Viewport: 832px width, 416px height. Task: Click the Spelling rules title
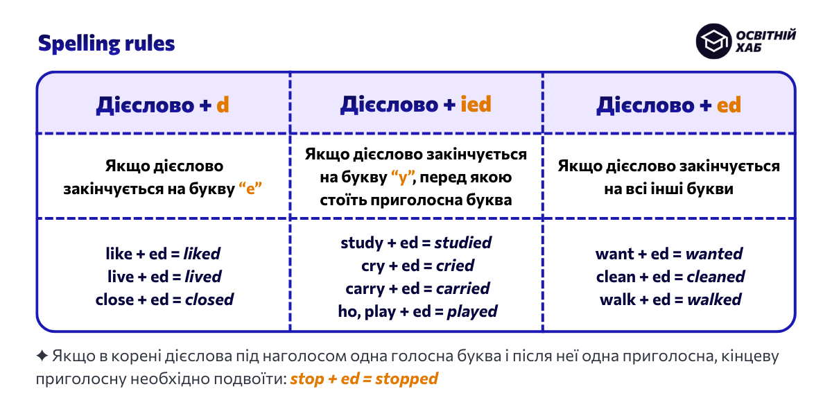coord(106,44)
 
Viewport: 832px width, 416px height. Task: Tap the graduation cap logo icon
coord(713,42)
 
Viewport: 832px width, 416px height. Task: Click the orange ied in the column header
coord(475,104)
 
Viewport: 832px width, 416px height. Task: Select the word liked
coord(202,254)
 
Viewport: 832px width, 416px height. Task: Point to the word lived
coord(203,277)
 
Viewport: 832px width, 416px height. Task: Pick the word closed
coord(209,300)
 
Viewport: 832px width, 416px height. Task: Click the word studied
coord(463,243)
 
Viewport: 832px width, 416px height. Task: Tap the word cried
coord(455,266)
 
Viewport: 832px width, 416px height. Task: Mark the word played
coord(472,311)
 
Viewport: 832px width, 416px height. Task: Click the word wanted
coord(714,254)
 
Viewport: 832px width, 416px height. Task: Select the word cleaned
coord(716,277)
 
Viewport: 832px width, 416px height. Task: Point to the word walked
coord(713,300)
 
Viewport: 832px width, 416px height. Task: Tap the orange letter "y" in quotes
coord(403,178)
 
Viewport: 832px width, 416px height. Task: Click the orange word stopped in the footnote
coord(407,379)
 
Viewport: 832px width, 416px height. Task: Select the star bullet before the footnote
coord(42,356)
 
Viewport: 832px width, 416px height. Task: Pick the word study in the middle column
coord(362,243)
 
